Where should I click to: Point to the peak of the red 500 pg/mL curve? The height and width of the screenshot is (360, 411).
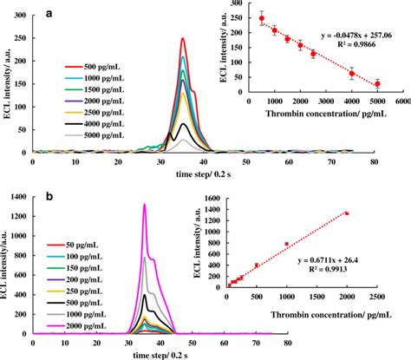click(x=183, y=38)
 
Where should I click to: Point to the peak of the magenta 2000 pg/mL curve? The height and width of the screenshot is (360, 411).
click(x=144, y=205)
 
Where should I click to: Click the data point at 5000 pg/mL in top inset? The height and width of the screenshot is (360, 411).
click(x=377, y=83)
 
